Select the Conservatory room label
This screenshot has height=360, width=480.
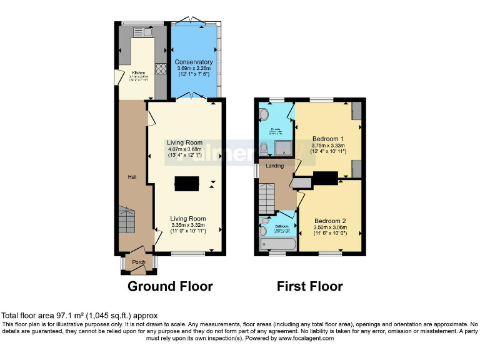point(194,62)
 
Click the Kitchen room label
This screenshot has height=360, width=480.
point(138,73)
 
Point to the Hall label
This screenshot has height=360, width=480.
point(132,177)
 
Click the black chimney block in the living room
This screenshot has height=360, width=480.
point(187,183)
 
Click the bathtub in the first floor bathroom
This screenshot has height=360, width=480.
point(274,244)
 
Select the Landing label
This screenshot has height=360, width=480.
point(274,166)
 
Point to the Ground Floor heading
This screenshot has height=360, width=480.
point(170,286)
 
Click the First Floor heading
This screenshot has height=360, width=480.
point(310,286)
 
